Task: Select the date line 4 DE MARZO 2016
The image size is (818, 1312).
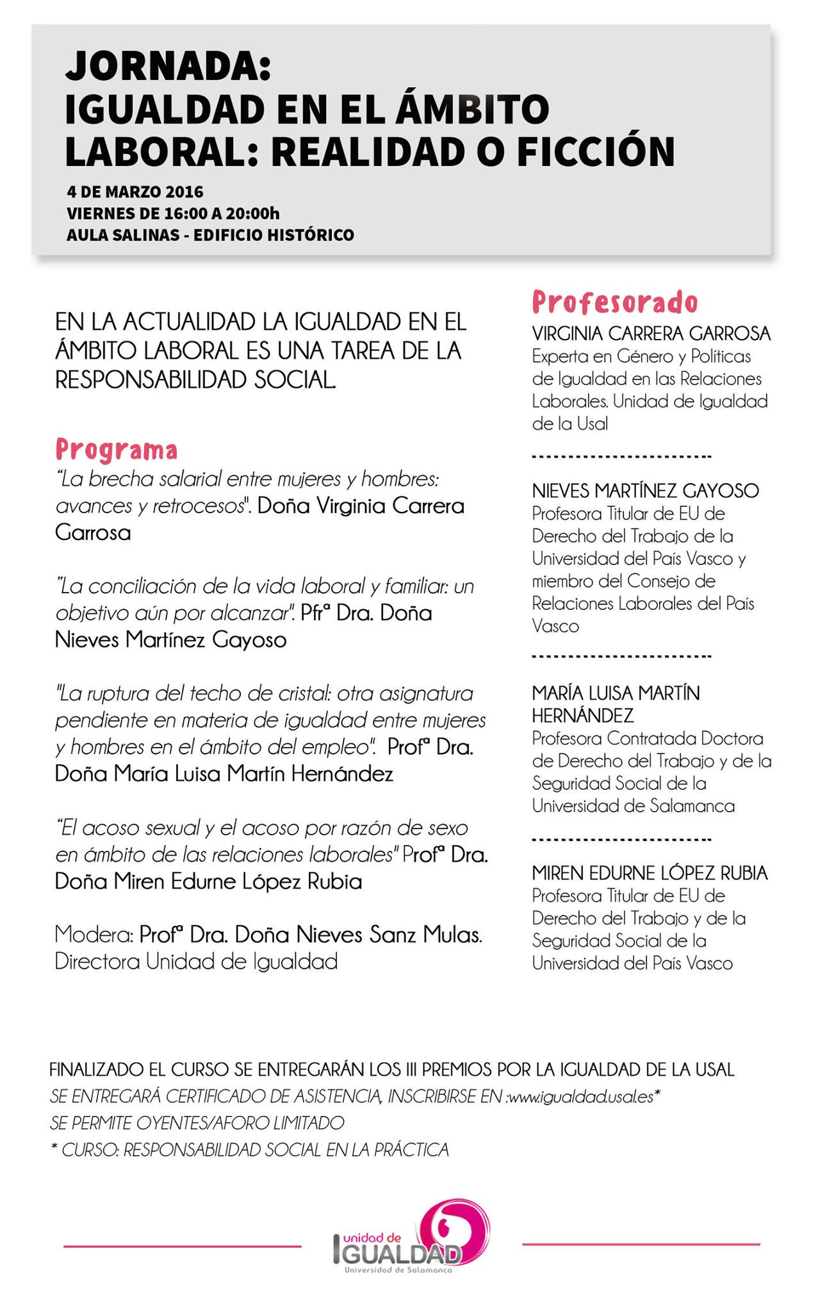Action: click(x=135, y=192)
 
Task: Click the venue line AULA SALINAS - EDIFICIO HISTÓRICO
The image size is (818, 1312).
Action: click(x=210, y=235)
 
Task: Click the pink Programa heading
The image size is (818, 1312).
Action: click(x=116, y=450)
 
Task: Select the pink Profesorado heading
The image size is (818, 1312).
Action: click(x=614, y=302)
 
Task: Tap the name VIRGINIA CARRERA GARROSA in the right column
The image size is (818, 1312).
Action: click(x=651, y=333)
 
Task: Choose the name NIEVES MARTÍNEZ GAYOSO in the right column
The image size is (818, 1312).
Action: click(x=645, y=491)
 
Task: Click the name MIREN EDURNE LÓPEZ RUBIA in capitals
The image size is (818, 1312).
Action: click(x=650, y=873)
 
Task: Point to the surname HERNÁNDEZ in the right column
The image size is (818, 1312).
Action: click(x=582, y=715)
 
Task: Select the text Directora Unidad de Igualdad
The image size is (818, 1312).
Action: click(x=196, y=962)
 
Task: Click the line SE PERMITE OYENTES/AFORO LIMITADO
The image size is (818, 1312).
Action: click(x=197, y=1123)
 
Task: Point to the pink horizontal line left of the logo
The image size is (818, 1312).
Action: click(x=182, y=1246)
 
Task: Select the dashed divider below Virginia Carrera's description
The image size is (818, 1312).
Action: click(x=621, y=457)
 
